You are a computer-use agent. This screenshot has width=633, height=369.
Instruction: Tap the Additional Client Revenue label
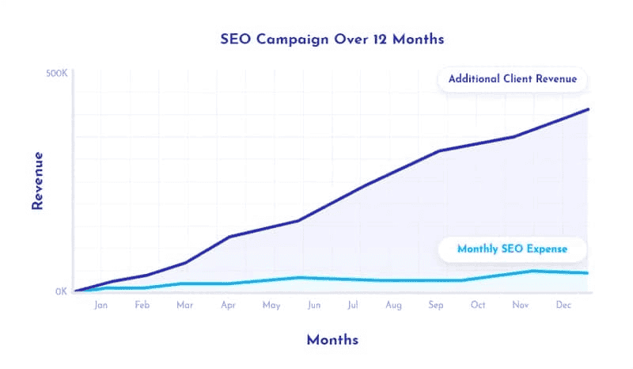[x=513, y=79]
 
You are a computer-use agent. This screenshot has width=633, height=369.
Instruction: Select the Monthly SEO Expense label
[x=513, y=249]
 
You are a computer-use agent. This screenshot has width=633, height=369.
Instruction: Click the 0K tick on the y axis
[x=61, y=291]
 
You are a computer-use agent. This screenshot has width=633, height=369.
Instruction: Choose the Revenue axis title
[x=36, y=181]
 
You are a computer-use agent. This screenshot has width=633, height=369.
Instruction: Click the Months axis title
[x=332, y=340]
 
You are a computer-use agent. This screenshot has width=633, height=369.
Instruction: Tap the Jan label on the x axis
[x=100, y=305]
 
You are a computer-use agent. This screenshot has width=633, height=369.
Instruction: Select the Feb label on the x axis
[x=142, y=305]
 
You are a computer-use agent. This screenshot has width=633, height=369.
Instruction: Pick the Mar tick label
[x=184, y=305]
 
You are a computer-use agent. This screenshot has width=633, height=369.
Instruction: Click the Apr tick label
[x=228, y=305]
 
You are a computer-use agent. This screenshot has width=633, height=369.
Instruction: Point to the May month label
[x=271, y=305]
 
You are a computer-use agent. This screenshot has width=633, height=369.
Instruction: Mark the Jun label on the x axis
[x=313, y=305]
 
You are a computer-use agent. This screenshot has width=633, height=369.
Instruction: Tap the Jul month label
[x=353, y=305]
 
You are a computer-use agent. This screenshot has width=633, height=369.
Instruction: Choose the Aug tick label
[x=394, y=305]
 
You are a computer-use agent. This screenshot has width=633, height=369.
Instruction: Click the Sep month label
[x=436, y=305]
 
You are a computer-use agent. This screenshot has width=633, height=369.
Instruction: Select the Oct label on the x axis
[x=478, y=305]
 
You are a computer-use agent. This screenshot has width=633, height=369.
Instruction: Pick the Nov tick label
[x=521, y=305]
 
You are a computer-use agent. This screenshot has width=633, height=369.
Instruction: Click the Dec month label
[x=563, y=305]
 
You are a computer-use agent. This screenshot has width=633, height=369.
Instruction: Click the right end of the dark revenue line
[x=589, y=109]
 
